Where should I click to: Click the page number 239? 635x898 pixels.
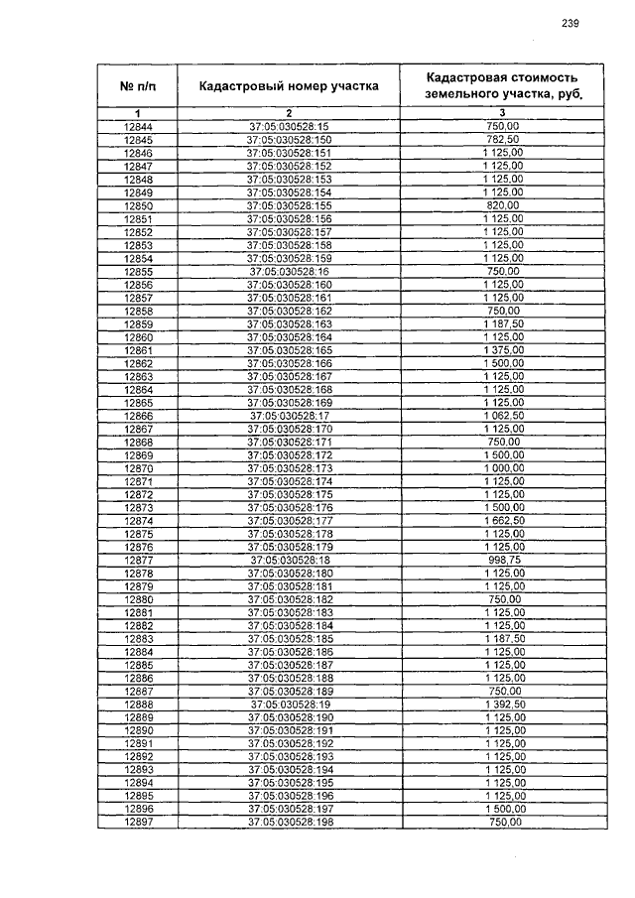tap(570, 23)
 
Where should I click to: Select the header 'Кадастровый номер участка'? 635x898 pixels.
tap(289, 86)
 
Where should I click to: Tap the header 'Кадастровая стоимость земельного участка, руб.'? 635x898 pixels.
tap(502, 86)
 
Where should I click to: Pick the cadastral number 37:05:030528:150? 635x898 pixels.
tap(289, 140)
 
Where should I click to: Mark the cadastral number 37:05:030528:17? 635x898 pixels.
tap(289, 415)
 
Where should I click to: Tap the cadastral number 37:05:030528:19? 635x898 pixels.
tap(289, 704)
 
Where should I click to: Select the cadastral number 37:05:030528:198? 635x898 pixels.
tap(289, 821)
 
